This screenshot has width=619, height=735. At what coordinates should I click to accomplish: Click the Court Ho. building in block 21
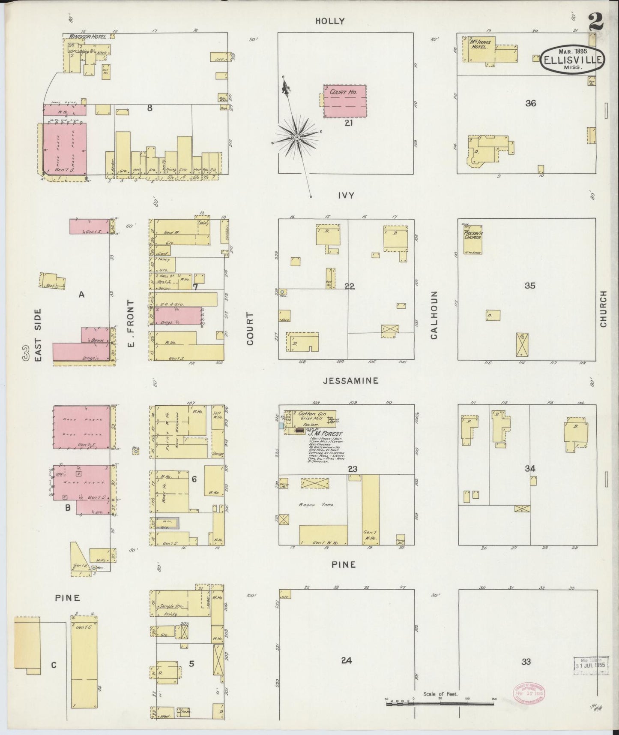(345, 101)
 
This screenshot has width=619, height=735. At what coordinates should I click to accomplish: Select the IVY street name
(346, 196)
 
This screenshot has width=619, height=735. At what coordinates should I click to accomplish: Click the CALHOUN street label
(434, 315)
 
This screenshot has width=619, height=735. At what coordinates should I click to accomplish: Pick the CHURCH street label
(604, 309)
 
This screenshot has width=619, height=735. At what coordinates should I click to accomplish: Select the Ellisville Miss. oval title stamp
(573, 60)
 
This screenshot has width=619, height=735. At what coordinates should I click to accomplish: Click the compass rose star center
(296, 137)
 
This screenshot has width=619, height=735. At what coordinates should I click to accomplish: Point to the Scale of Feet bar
(440, 703)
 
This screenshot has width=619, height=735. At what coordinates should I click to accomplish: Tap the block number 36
(530, 103)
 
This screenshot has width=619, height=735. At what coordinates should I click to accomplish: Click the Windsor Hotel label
(87, 37)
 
